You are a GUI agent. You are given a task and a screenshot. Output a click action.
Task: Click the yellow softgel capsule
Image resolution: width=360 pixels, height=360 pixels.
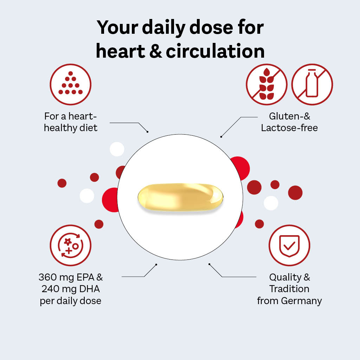180,197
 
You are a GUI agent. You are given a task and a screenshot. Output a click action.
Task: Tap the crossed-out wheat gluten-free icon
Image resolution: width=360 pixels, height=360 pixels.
266,84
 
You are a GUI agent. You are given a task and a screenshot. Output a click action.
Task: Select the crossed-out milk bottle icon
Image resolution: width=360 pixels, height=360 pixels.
312,84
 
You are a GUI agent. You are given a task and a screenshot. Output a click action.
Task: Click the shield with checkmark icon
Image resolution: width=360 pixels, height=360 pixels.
289,245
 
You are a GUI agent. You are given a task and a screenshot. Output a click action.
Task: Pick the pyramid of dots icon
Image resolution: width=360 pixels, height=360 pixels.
70,84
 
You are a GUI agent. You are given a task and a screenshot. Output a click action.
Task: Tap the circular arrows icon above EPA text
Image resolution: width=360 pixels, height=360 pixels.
70,245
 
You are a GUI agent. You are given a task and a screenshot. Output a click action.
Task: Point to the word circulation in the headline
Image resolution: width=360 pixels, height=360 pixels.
215,51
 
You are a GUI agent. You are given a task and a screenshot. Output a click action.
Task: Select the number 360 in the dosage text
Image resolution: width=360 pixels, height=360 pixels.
47,277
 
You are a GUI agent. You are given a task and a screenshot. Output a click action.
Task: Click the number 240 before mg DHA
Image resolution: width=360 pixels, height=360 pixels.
51,289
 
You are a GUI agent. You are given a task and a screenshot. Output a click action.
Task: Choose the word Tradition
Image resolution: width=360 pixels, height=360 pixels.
289,289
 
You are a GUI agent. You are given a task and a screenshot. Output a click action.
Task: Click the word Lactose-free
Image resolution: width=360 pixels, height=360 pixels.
289,128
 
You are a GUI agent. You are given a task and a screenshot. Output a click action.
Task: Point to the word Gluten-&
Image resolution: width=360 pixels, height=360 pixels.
290,116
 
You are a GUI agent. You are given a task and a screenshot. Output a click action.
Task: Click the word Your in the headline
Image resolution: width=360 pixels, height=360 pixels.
117,27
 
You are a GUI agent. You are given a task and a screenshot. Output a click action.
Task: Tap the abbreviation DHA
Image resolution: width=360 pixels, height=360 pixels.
90,289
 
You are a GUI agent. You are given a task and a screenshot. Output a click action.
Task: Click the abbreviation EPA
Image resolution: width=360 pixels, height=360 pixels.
85,277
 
